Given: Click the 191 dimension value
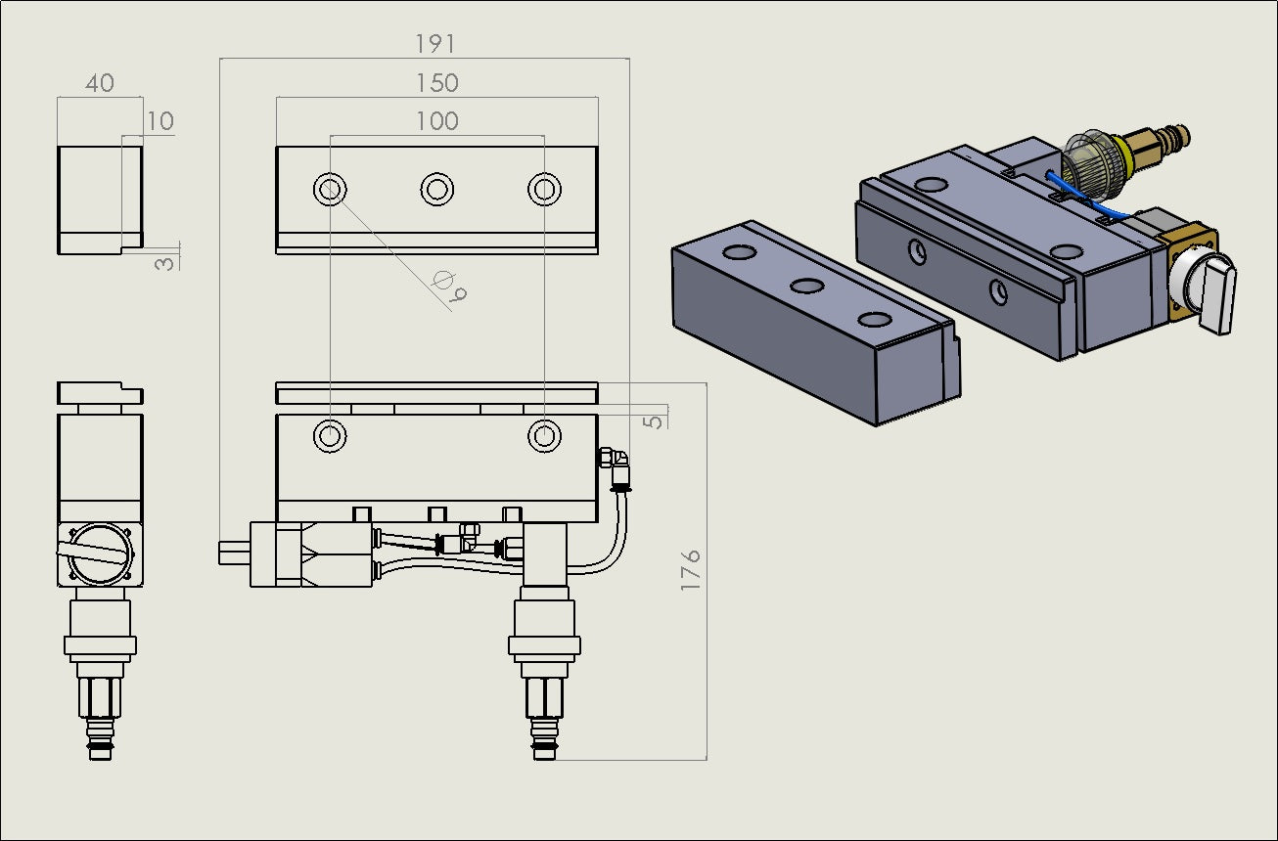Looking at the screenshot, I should (435, 43).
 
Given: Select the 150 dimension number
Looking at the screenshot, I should (436, 83).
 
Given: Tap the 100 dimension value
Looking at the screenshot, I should (436, 121).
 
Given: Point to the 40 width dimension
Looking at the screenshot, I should (99, 83).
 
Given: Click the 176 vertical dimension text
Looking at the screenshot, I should (691, 568).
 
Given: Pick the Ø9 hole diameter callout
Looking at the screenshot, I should (449, 286).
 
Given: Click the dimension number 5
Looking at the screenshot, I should (656, 420).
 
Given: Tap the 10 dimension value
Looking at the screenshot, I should (160, 121).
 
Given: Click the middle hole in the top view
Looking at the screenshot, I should (436, 189).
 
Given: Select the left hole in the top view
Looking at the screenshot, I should (330, 189).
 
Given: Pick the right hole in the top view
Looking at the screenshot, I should (544, 189).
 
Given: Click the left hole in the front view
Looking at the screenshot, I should (330, 435).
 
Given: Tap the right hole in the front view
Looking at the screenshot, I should (544, 435).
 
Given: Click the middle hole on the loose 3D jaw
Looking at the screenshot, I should (807, 286).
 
